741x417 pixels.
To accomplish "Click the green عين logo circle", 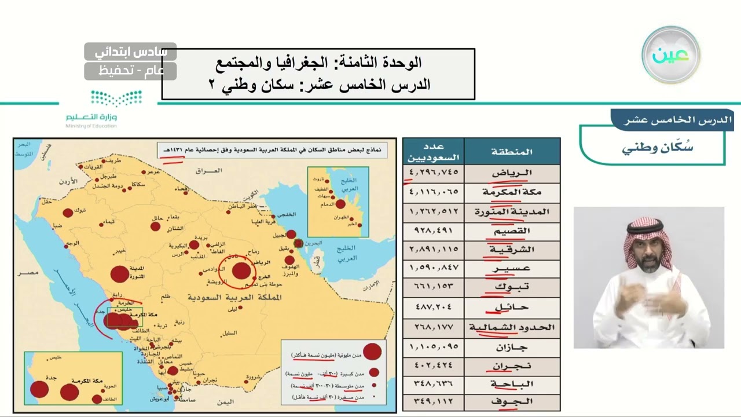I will (x=670, y=55).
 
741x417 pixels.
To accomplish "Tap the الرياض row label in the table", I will (x=512, y=173).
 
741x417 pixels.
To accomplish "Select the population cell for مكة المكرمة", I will (x=434, y=192).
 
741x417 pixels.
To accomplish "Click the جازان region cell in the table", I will (x=512, y=347).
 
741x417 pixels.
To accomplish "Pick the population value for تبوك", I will (x=434, y=287).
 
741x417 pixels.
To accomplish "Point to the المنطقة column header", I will (x=512, y=152).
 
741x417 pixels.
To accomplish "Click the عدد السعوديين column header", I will (x=434, y=152).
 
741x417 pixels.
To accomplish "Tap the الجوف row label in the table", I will (x=512, y=401).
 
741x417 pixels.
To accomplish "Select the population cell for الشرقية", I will (x=434, y=249).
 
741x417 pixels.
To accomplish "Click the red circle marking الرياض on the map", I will (x=241, y=270).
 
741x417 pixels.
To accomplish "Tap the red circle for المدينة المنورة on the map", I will (x=119, y=274).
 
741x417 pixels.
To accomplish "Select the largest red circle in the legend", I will (x=372, y=351).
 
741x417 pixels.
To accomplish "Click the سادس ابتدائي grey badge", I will (x=130, y=52).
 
